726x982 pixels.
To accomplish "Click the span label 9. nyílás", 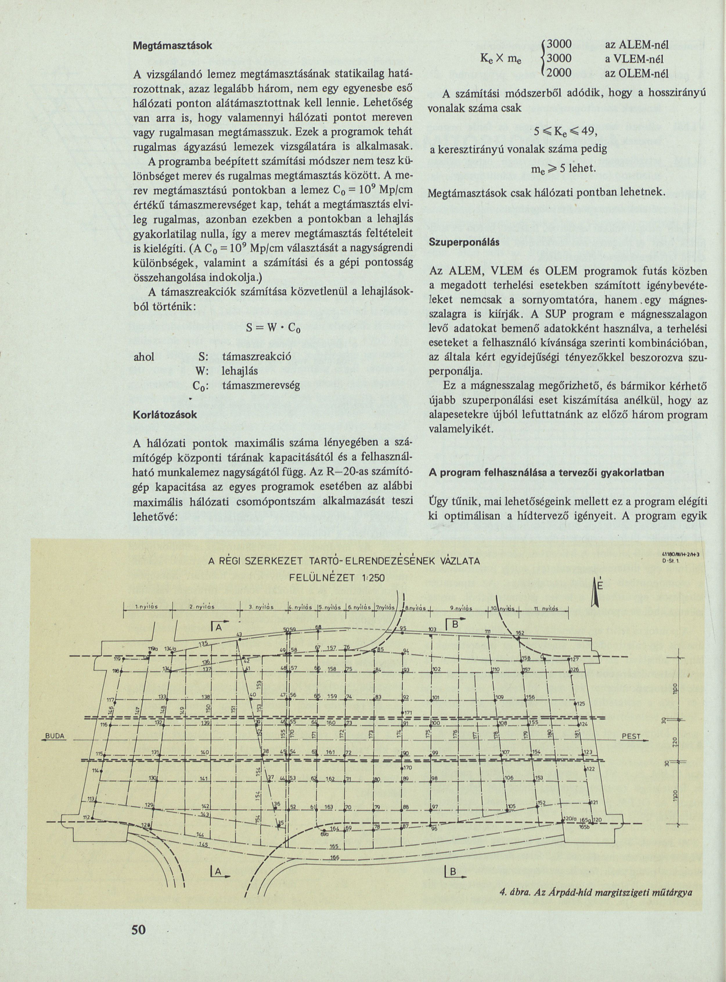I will (461, 609).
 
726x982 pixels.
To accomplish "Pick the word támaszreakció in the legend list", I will (257, 356).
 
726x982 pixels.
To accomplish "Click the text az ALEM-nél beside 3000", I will (637, 44).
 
